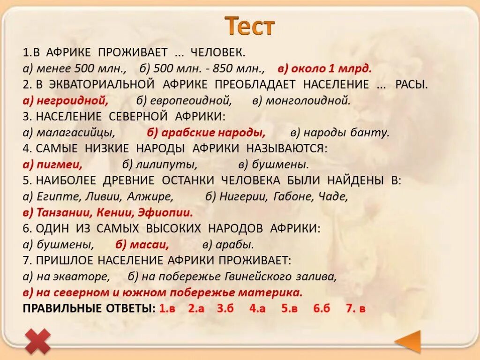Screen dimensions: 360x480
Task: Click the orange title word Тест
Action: (x=249, y=26)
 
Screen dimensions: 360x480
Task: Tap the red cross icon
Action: (x=38, y=341)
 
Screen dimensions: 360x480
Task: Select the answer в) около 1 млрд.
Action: (x=324, y=69)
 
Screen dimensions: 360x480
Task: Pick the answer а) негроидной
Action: (x=66, y=100)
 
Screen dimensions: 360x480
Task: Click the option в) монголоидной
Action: (x=301, y=100)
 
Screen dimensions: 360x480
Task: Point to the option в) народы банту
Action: (x=340, y=133)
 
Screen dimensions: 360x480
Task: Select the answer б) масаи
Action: (x=142, y=245)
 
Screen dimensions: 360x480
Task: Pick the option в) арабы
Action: (x=228, y=245)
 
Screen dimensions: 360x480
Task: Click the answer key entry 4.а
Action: (x=257, y=309)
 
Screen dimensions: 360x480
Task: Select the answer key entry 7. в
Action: (x=355, y=309)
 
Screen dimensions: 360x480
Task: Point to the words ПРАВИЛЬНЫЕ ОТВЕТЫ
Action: (x=88, y=309)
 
